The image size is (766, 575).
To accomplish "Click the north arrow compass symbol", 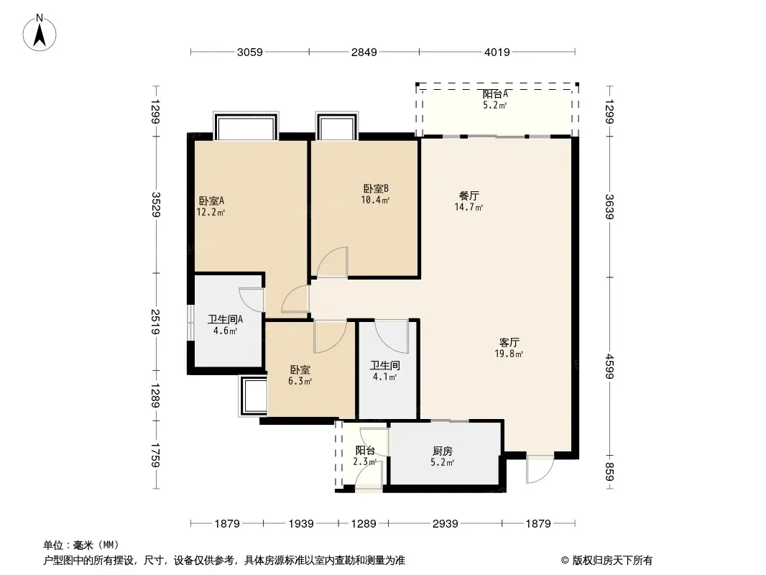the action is [40, 33].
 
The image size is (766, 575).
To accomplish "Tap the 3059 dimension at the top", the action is [249, 52].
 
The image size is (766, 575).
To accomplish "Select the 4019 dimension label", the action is [497, 52].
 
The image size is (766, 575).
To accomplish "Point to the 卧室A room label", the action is [211, 201].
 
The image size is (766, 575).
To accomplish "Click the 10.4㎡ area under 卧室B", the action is [375, 200].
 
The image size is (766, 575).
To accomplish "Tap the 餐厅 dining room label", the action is [469, 196].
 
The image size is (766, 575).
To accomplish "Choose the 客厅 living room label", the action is [509, 342].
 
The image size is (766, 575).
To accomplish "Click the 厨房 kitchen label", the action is [443, 451].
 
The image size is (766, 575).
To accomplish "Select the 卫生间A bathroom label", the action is [225, 320].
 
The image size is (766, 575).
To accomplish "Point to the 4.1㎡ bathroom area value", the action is [385, 377].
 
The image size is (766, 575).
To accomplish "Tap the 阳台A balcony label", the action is [495, 94].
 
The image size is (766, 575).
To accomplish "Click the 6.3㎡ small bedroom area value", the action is [300, 381].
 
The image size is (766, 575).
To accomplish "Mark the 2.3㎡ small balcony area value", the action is [364, 461].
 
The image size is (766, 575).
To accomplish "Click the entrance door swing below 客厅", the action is [540, 469].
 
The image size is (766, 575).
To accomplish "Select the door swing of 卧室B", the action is [332, 262].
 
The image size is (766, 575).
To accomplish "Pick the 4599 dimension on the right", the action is [609, 366].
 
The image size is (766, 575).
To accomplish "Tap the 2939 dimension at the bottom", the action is [445, 524].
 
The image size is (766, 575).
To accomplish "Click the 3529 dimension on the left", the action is [156, 205].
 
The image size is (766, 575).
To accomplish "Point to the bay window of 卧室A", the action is [246, 126].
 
